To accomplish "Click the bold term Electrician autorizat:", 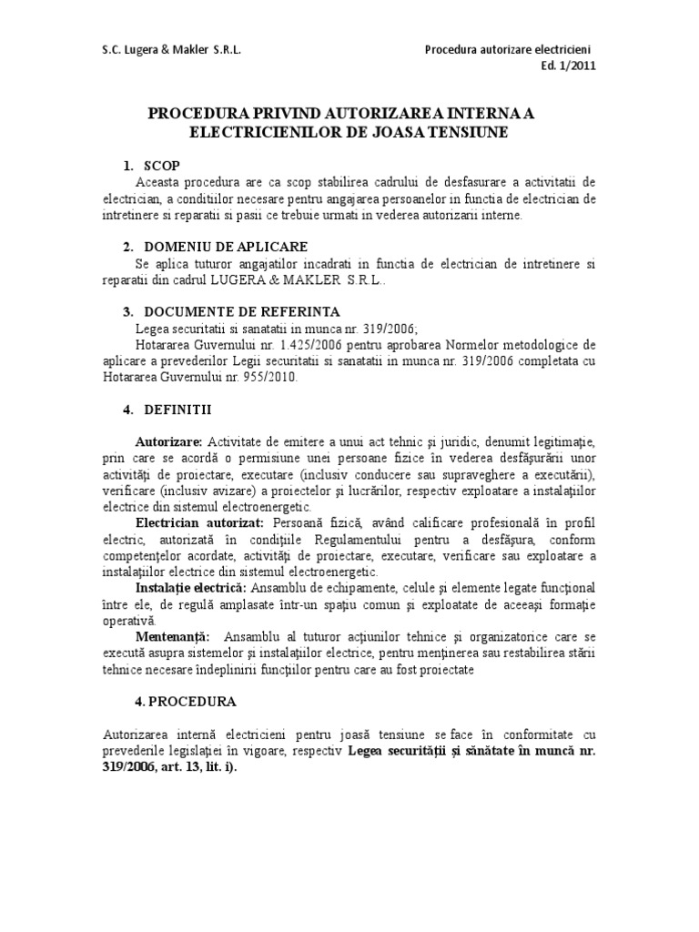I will [199, 523].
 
